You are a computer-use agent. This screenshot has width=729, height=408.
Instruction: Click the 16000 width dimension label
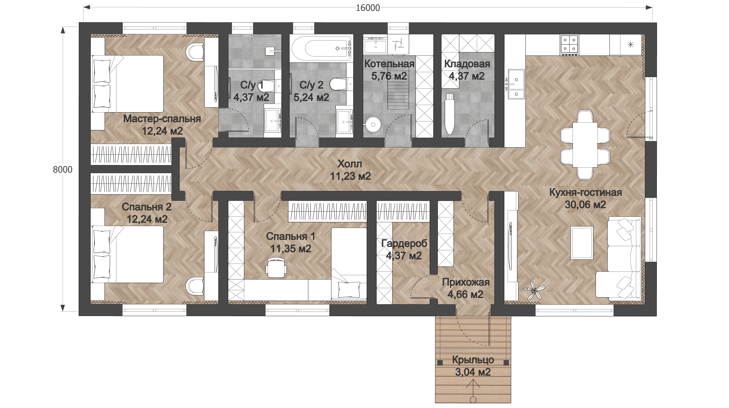368,8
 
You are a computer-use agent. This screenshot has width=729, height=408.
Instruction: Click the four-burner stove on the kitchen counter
569,45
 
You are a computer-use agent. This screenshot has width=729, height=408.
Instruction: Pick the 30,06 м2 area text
585,205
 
